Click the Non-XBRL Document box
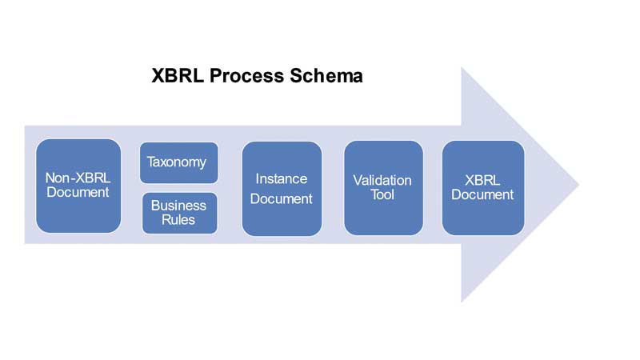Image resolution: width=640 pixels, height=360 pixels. coord(78,186)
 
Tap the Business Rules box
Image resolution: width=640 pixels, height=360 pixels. coord(179,213)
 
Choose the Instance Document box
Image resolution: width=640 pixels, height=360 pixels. coord(282,189)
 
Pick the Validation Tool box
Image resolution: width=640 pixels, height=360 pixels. coord(383,188)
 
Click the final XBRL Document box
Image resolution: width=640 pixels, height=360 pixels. coord(482,188)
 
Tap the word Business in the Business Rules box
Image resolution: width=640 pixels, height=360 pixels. coord(179,206)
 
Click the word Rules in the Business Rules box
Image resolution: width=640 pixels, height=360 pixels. coord(179,220)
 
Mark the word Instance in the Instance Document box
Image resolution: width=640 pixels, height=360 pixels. coord(282,178)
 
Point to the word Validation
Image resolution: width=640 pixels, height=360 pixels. coord(382,180)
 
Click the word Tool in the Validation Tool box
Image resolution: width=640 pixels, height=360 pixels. coord(382,195)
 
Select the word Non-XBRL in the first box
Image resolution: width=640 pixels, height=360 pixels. coord(78,178)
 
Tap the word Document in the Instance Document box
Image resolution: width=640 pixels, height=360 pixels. coord(282,199)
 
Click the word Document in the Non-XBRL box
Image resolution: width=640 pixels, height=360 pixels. coord(78,194)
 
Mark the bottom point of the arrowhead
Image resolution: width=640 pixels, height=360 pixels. coord(462,301)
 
